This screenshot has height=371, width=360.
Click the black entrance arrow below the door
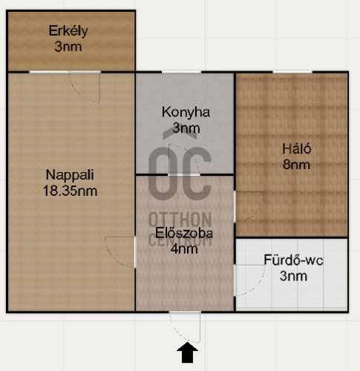click(187, 352)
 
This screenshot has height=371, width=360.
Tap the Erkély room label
click(68, 31)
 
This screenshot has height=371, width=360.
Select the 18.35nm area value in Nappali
click(70, 191)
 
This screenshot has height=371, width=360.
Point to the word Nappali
click(70, 175)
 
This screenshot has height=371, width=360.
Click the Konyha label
click(186, 113)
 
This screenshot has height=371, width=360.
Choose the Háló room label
click(296, 149)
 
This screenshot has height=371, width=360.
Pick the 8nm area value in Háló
click(296, 165)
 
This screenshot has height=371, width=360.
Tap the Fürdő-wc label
click(293, 260)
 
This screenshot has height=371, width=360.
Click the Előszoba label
click(184, 233)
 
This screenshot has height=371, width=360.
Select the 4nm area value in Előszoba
click(184, 249)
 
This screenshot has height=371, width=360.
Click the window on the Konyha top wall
click(181, 72)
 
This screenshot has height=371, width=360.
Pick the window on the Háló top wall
click(292, 72)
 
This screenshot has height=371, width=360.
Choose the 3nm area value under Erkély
click(68, 47)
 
